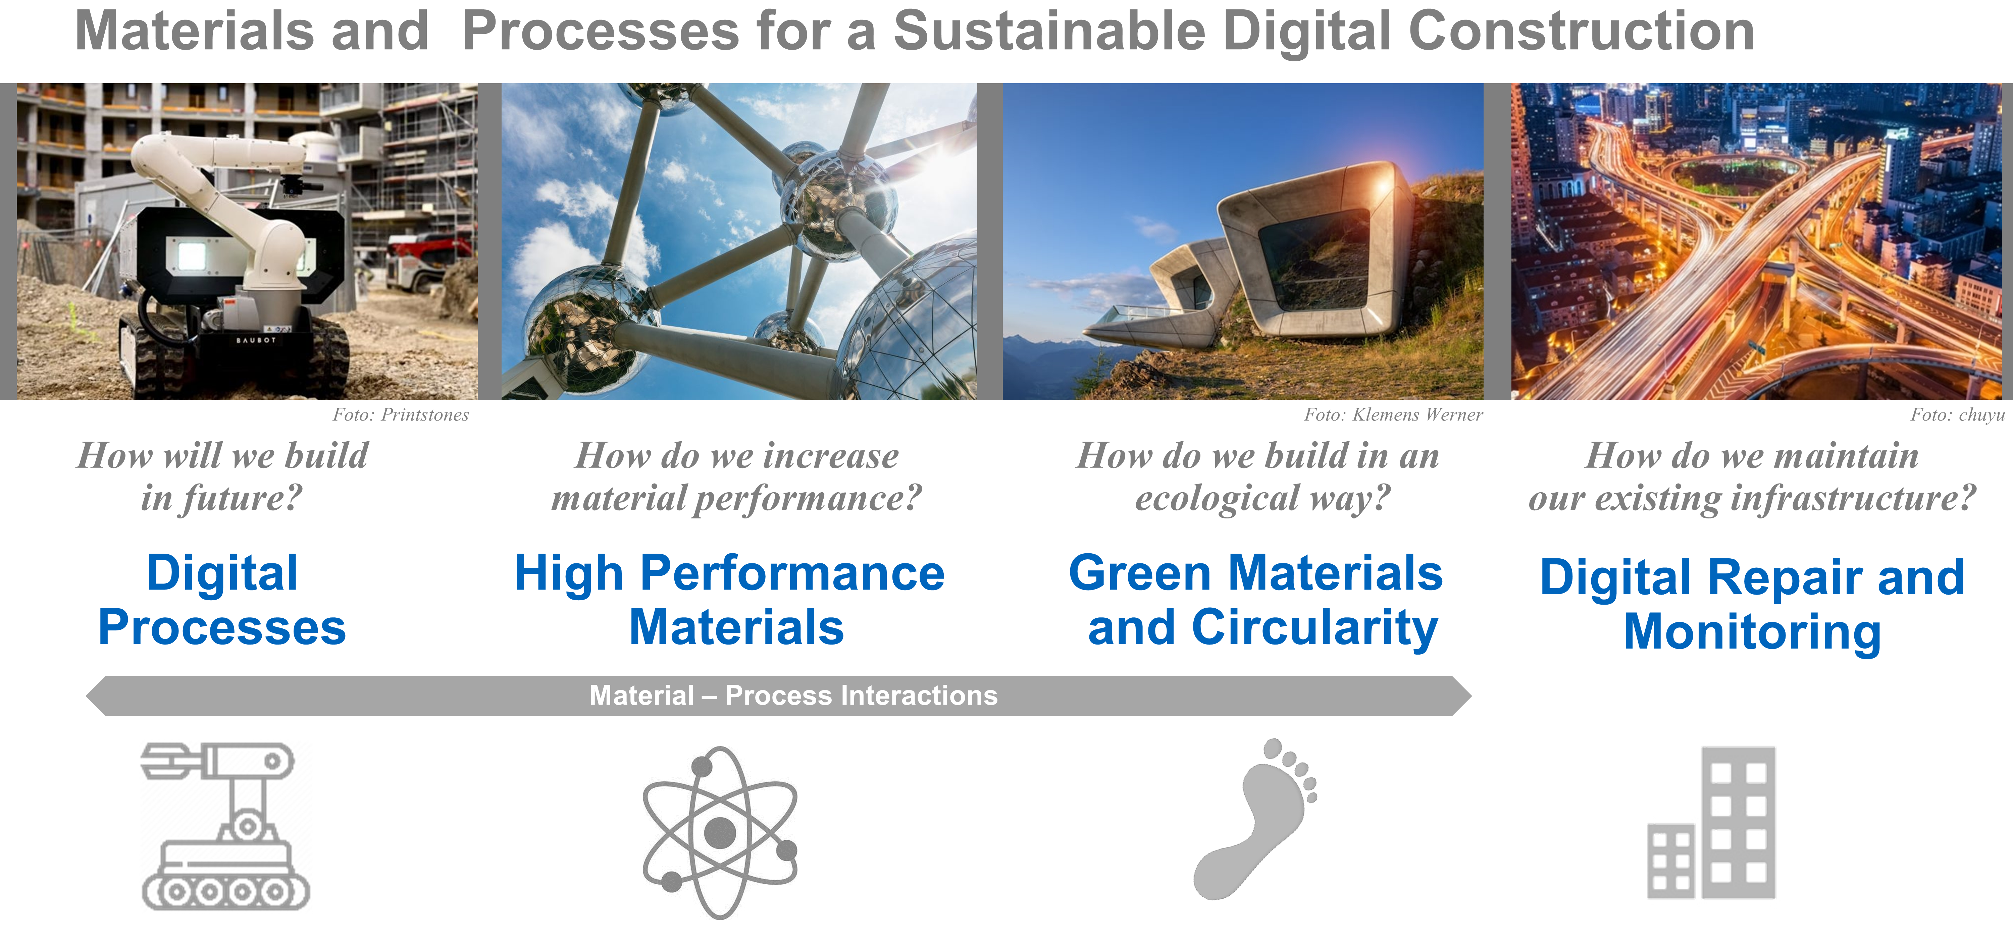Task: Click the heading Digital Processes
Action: tap(222, 600)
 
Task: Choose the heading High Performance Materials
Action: tap(730, 600)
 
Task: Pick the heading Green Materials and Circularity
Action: tap(1256, 600)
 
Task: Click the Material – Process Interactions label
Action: tap(793, 695)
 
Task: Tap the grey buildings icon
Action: tap(1711, 823)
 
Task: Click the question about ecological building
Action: tap(1258, 477)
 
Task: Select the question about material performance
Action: tap(736, 477)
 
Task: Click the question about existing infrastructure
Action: tap(1752, 477)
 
